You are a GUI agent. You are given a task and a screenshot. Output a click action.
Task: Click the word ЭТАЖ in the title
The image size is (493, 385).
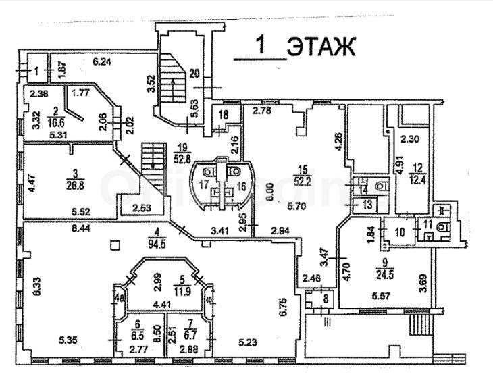click(x=321, y=47)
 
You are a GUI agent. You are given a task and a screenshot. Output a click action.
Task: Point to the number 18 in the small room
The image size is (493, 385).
click(x=223, y=115)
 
